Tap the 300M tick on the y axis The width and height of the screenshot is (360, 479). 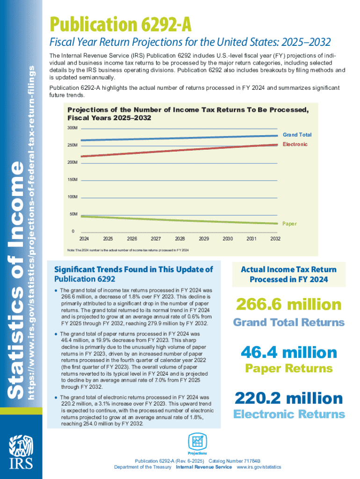coord(72,128)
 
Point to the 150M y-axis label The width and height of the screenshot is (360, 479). coord(72,180)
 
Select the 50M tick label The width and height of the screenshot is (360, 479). coord(73,214)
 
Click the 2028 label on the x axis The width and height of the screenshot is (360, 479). coord(180,239)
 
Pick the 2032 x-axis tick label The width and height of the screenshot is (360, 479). coord(275,239)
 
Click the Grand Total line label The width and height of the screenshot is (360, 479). coord(296,135)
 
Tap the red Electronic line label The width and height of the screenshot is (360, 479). coord(295,144)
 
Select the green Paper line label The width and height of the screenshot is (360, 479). coord(289,224)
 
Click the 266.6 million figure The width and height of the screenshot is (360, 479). coord(288,305)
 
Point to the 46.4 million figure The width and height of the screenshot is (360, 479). coord(288,352)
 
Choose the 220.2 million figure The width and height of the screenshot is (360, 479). coord(288,399)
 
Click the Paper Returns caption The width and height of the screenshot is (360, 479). coord(288,369)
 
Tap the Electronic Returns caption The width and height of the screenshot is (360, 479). coord(288,414)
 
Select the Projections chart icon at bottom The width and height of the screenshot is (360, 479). coord(197,442)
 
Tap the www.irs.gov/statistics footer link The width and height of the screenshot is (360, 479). coord(259,467)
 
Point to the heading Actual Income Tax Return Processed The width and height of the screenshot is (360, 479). coord(288,275)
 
